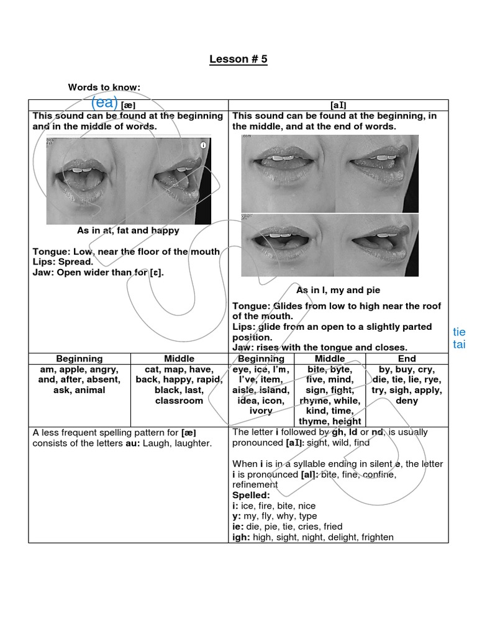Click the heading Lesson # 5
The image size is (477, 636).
click(238, 60)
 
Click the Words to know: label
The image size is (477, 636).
click(104, 88)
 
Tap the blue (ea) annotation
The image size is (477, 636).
click(104, 103)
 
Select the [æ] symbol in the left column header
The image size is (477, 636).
click(129, 106)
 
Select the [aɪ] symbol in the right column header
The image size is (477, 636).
click(338, 106)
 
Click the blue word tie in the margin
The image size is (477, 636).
click(459, 332)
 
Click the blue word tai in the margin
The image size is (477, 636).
click(459, 345)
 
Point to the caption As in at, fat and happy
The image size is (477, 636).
click(128, 230)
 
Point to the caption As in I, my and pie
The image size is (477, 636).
click(338, 290)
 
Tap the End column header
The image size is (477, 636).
click(407, 358)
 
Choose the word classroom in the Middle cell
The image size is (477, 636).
click(179, 401)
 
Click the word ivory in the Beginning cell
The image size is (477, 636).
click(260, 411)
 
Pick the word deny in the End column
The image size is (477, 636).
click(407, 401)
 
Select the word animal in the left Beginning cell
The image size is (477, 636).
click(88, 390)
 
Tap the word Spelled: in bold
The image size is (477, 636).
click(251, 495)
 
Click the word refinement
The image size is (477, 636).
click(255, 484)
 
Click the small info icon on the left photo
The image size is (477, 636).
click(202, 145)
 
